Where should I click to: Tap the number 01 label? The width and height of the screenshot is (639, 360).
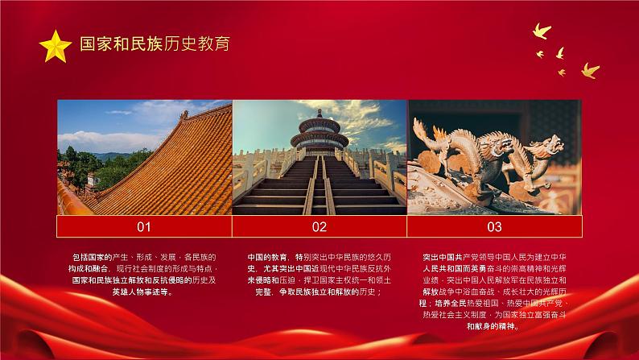coord(144,226)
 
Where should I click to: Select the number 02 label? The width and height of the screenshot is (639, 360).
coord(319,226)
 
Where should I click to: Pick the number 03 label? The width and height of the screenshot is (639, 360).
coord(494,226)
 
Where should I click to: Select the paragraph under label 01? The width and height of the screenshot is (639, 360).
coord(144,275)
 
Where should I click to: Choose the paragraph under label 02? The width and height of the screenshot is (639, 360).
coord(319,275)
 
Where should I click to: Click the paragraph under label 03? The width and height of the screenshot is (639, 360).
coord(494,292)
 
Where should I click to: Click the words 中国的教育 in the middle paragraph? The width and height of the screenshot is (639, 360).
coord(266,257)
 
